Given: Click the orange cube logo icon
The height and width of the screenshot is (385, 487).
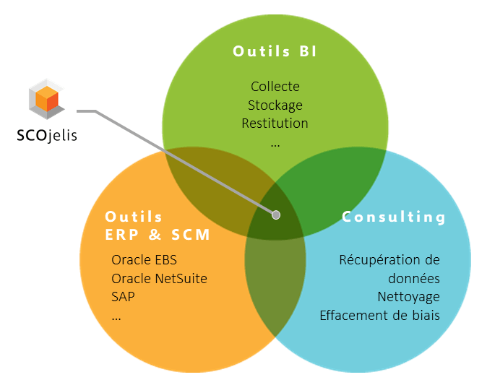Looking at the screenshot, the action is coord(46,99).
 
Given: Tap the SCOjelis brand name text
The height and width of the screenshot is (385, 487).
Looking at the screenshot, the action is coord(47,135).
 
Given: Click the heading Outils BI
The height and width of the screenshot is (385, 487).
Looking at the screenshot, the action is coord(275,51).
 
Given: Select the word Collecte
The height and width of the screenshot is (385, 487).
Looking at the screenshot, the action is coord(275,86).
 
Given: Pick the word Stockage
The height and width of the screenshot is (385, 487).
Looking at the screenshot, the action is coord(275,105).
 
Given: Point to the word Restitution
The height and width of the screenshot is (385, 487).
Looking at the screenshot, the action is coord(275,124).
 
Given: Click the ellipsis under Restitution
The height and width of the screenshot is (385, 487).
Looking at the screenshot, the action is coord(275,145).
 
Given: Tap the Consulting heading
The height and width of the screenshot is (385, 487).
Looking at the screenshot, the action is coord(394,217).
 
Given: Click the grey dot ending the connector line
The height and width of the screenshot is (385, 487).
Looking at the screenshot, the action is coord(276,215).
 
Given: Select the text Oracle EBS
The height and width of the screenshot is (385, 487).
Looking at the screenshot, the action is coord(144,260).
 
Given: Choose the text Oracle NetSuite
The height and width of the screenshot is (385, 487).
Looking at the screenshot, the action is coord(160,279).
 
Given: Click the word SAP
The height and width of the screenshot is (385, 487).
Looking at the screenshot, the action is coord(123,297).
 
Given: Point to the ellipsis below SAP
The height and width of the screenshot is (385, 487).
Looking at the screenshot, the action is coord(116,319).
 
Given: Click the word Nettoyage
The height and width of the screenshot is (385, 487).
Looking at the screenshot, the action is coord(408,297).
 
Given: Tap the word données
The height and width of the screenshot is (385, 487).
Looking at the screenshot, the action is coord(414,279).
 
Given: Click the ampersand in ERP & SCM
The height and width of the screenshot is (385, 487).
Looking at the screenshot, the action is coord(155,235).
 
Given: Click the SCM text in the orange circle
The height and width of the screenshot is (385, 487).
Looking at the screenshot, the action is coord(191,235).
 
